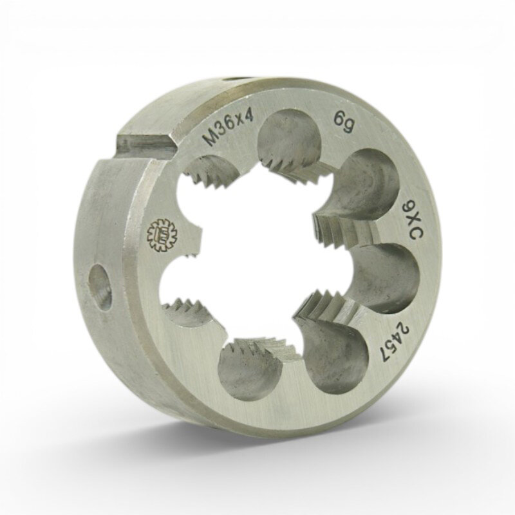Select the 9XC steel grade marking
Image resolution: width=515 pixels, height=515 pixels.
413,222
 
